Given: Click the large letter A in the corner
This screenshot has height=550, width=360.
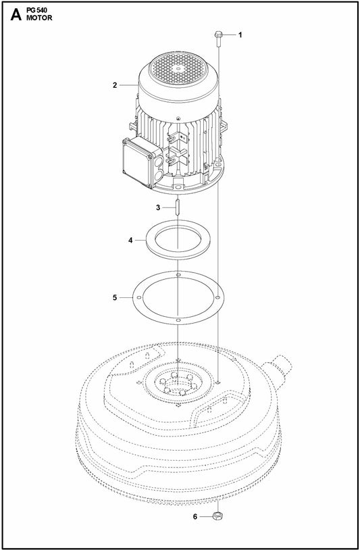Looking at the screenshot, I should pyautogui.click(x=14, y=15).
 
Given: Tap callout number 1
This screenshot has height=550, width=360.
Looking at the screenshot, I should pyautogui.click(x=239, y=34).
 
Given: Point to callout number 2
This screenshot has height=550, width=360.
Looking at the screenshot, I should pyautogui.click(x=115, y=86).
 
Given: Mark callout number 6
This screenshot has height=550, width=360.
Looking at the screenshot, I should pyautogui.click(x=195, y=517).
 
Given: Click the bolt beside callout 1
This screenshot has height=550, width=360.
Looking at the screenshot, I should pyautogui.click(x=220, y=36).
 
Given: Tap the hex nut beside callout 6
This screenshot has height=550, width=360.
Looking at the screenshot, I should pyautogui.click(x=219, y=517).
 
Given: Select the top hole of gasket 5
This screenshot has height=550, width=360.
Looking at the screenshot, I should pyautogui.click(x=178, y=275).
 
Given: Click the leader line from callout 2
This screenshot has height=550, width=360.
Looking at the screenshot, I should pyautogui.click(x=129, y=86).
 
